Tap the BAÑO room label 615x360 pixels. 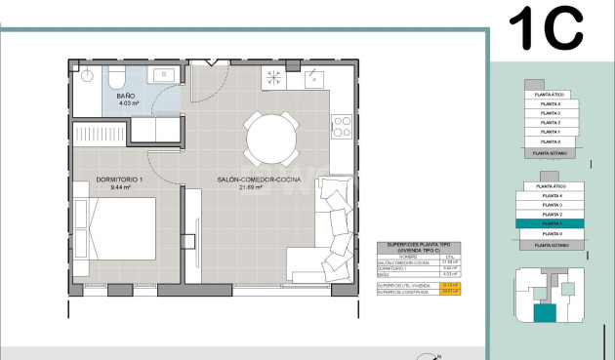[x=126, y=97]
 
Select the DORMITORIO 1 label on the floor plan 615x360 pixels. [x=119, y=180]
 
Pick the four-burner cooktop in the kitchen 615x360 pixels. [x=343, y=125]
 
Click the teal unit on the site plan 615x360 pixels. [x=543, y=313]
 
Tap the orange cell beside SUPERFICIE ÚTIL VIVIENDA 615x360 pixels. [x=451, y=285]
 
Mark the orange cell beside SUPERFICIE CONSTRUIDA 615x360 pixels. [x=451, y=292]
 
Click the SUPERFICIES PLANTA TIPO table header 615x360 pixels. [x=419, y=248]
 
